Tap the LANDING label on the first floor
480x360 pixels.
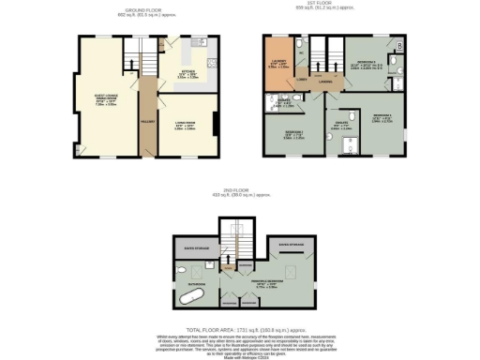(325, 81)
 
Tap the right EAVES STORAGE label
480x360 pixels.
(292, 244)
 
